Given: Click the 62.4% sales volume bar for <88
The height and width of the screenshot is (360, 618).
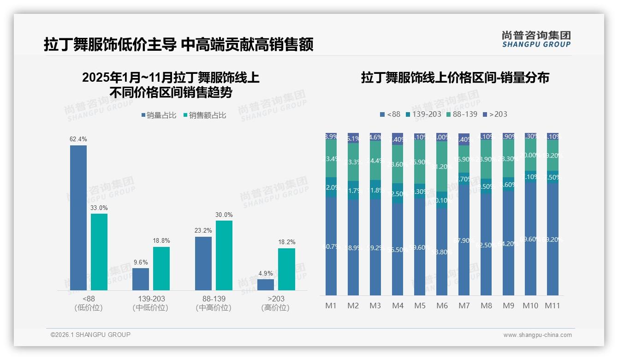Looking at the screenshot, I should pos(78,217).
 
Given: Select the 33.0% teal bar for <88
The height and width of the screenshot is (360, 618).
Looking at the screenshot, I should pos(99,252).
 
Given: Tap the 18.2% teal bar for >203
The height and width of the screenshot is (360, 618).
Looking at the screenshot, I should pos(286,269).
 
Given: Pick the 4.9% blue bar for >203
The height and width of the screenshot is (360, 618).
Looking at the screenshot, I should pos(266,284).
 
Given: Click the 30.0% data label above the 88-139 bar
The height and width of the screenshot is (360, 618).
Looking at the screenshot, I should pos(224,215).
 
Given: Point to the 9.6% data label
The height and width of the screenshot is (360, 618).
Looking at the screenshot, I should pos(141,262).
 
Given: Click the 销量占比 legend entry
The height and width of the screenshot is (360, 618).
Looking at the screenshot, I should pos(159,115).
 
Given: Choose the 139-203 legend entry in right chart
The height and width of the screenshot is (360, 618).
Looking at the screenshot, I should pos(423,114).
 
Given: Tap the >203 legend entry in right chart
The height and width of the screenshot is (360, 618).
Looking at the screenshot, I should pos(494,114).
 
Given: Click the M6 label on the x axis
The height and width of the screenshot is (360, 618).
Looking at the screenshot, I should pos(442,306).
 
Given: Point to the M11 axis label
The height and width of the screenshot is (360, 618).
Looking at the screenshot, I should pos(553,306).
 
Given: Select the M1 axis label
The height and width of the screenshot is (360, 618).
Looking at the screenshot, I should pos(331,306).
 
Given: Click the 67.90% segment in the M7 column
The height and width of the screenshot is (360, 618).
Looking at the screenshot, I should pos(464,240).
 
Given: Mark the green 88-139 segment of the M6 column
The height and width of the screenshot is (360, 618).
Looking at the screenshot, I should pos(442,167).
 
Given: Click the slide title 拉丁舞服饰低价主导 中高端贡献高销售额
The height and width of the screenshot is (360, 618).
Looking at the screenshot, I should pos(178,45).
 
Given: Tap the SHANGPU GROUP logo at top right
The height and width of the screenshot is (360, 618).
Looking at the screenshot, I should pos(536,39).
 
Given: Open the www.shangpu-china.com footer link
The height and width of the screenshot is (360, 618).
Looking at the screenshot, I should pos(537,335).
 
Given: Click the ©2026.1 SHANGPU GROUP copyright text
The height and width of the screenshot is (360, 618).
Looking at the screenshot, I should pos(90,335).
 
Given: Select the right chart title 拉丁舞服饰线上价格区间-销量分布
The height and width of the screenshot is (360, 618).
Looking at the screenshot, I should pos(455,78).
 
